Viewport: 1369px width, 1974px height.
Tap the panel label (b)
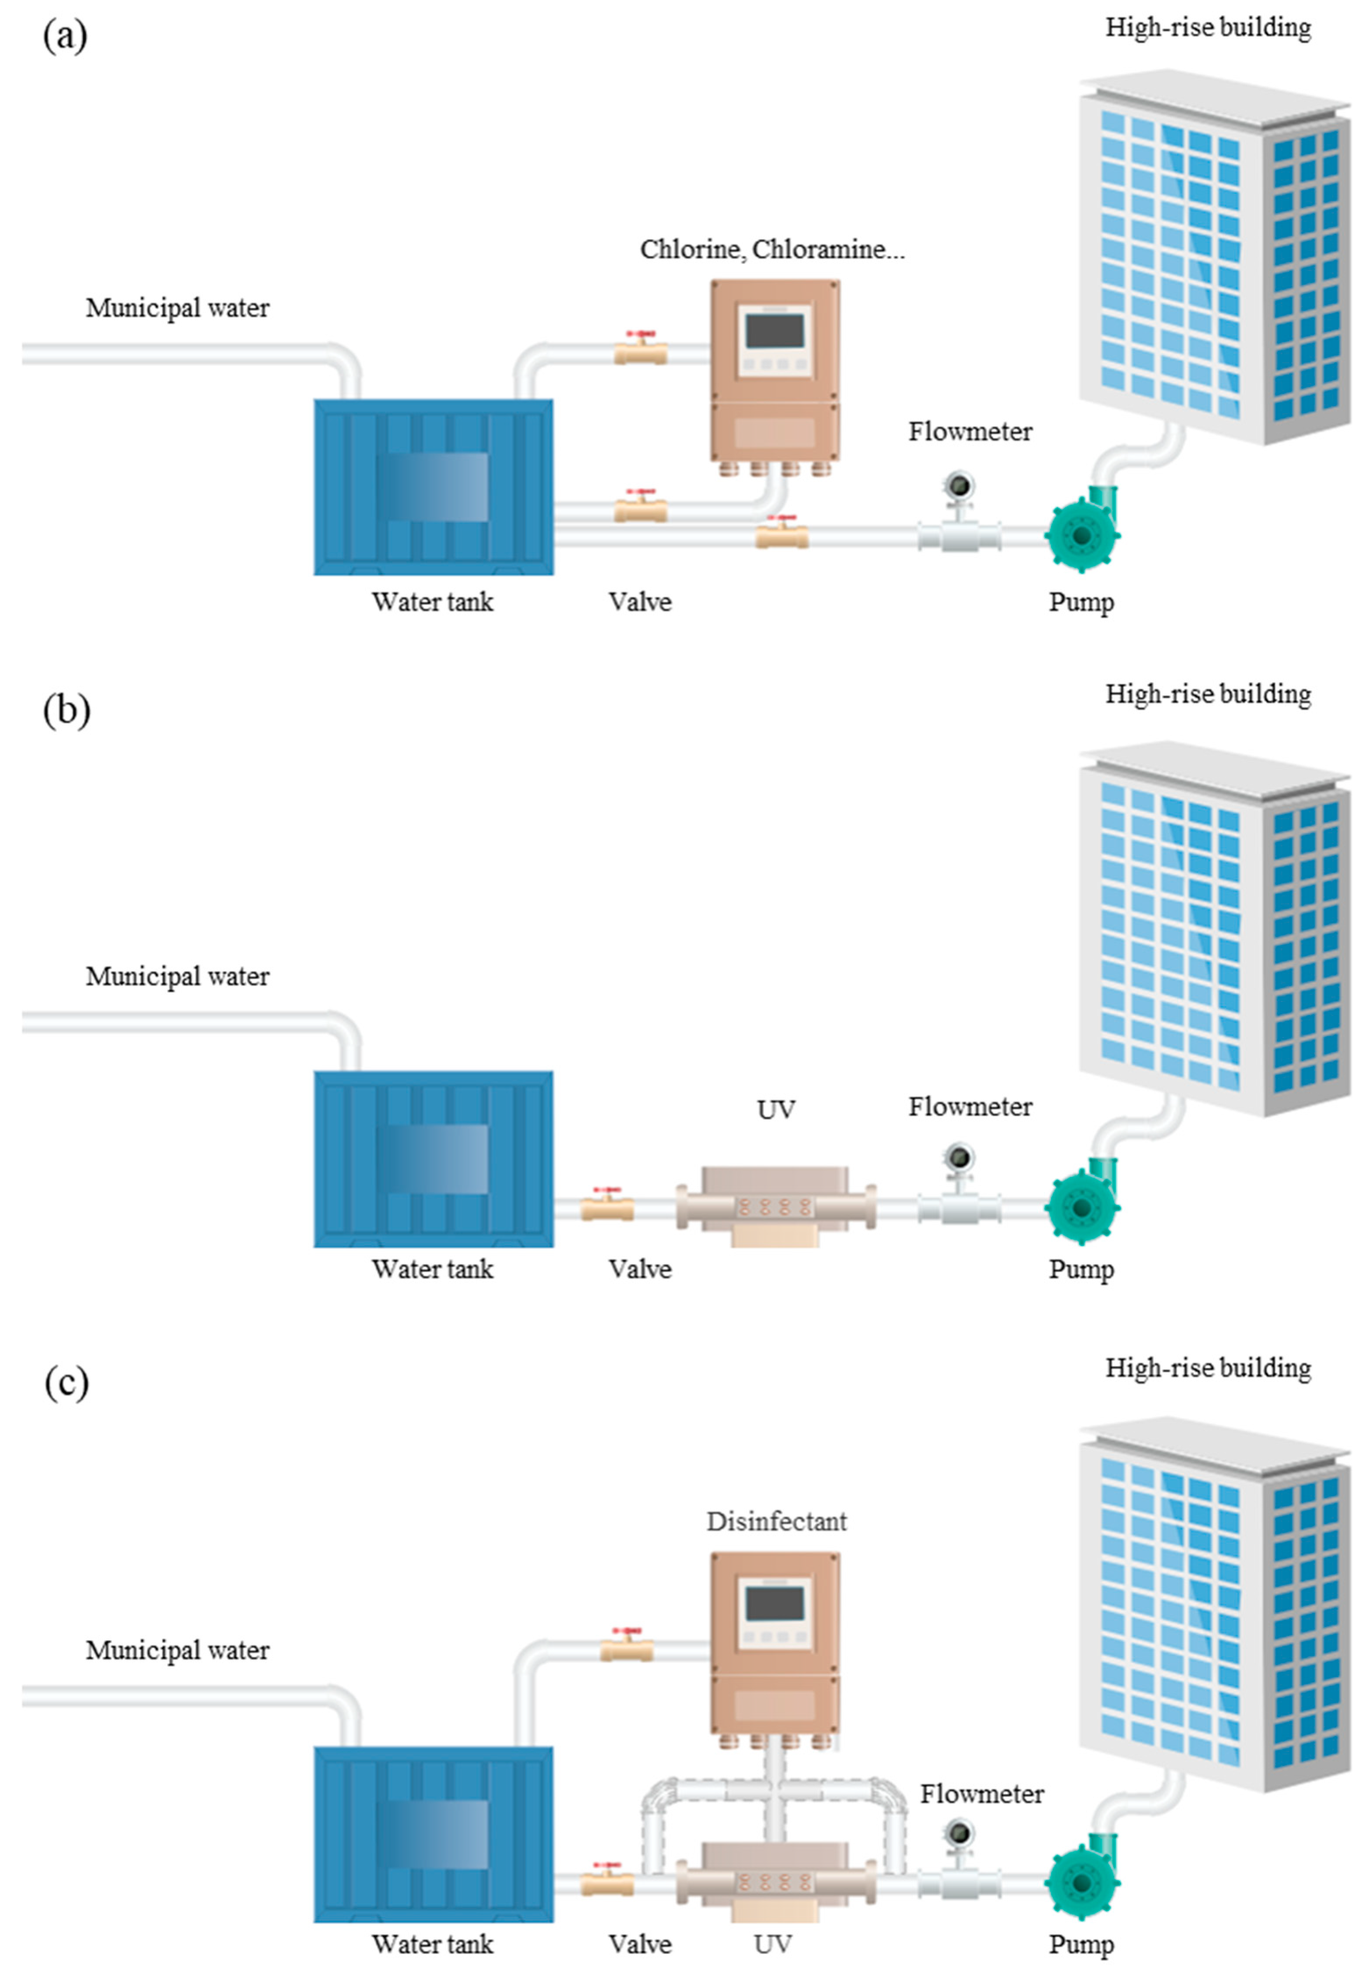click(x=66, y=710)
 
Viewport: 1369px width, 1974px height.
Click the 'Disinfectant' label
click(x=776, y=1521)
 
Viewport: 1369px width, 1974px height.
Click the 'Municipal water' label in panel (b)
click(x=177, y=976)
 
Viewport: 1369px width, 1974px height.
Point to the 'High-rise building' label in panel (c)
click(x=1208, y=1367)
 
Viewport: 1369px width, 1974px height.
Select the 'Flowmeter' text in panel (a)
click(x=970, y=432)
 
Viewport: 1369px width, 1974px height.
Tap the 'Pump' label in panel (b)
click(x=1081, y=1270)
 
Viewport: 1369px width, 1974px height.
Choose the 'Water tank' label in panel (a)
click(x=432, y=601)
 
